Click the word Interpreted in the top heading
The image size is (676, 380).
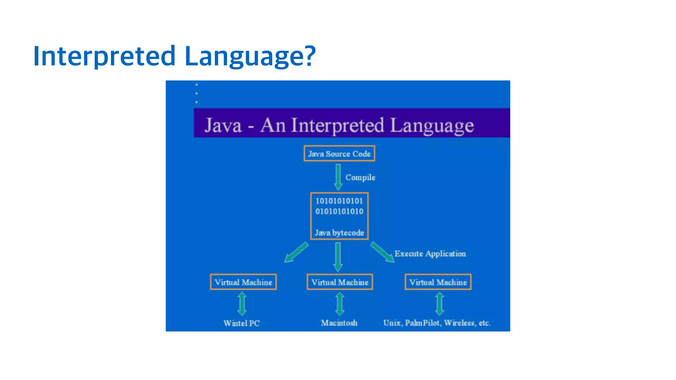(x=104, y=56)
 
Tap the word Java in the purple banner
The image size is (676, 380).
(x=223, y=126)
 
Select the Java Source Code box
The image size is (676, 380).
(x=339, y=154)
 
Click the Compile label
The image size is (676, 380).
(x=360, y=177)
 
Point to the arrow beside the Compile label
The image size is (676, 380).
(x=338, y=177)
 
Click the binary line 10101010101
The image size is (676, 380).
(x=339, y=201)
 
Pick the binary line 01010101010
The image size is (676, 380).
(x=339, y=211)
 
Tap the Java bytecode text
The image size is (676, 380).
(x=339, y=233)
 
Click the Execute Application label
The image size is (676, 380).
(x=430, y=254)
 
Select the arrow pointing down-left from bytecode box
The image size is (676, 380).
(x=296, y=252)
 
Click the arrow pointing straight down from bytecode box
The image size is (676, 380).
(x=338, y=257)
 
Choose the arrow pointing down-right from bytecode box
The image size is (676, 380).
(x=382, y=252)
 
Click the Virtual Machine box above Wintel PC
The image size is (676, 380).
(x=243, y=282)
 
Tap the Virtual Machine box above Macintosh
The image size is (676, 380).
(x=340, y=282)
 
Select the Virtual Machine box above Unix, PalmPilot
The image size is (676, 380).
(x=438, y=282)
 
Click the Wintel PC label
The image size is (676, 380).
(x=241, y=323)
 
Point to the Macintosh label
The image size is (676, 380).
(x=339, y=323)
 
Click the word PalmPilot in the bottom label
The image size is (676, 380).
(x=422, y=323)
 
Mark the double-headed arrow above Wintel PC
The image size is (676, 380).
(x=242, y=304)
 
